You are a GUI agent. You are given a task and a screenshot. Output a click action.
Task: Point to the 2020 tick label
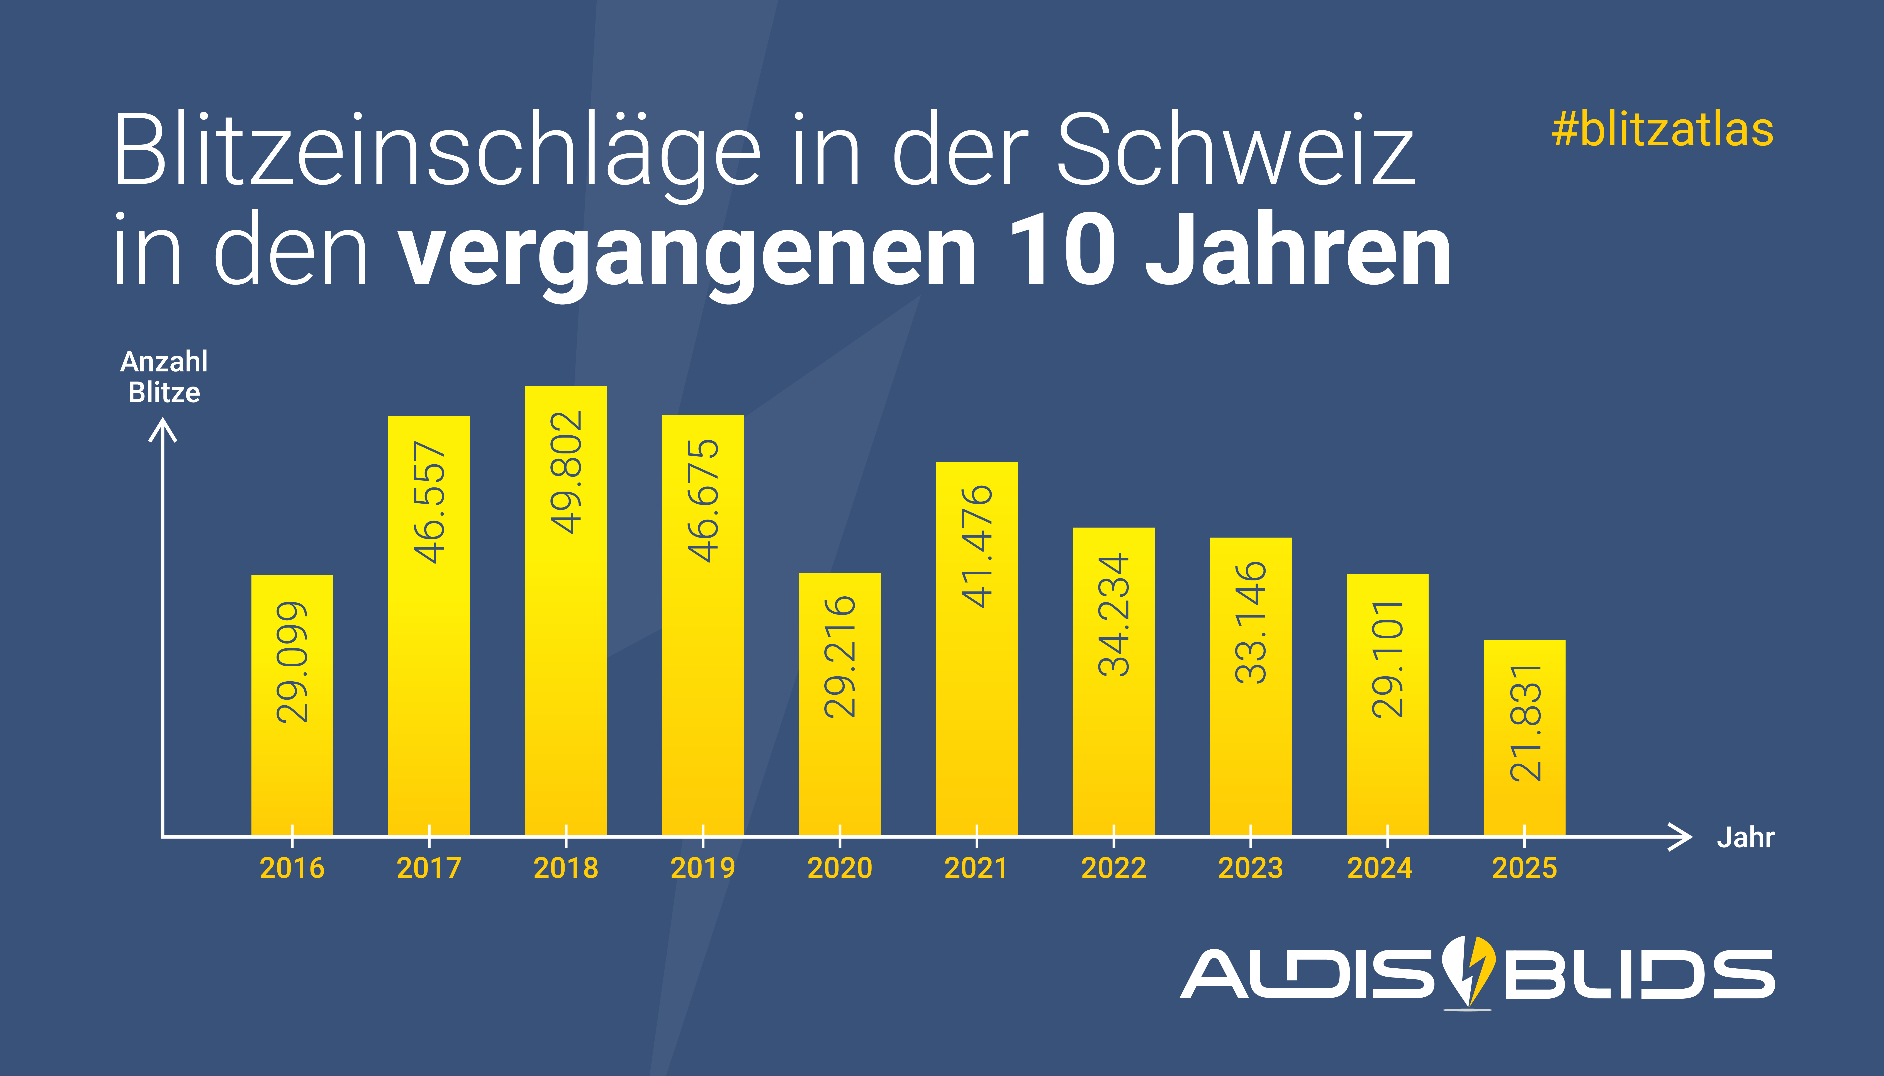[839, 868]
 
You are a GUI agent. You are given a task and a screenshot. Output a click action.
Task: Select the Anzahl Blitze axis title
[164, 377]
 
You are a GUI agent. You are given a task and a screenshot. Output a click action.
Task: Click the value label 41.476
[977, 547]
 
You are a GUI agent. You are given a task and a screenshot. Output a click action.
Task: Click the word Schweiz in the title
[1235, 151]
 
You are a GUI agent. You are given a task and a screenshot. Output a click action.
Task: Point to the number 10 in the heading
[1062, 251]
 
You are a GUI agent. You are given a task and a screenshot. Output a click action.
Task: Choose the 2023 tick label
[1250, 868]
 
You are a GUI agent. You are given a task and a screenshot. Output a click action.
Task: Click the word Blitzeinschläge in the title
[436, 151]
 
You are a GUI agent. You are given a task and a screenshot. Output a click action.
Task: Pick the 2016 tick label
[292, 868]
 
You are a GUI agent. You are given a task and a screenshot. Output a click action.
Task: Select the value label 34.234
[1113, 615]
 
